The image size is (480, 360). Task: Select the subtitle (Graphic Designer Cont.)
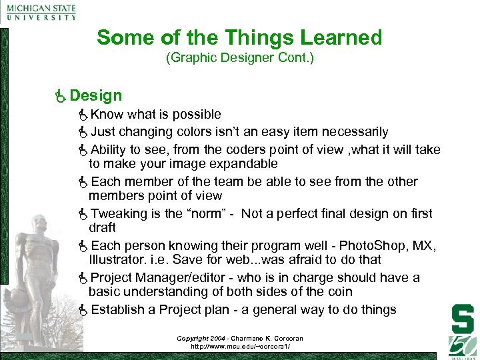[239, 58]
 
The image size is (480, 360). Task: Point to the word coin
[339, 291]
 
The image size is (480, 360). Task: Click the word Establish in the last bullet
[118, 309]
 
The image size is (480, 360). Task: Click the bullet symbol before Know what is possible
[83, 115]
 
